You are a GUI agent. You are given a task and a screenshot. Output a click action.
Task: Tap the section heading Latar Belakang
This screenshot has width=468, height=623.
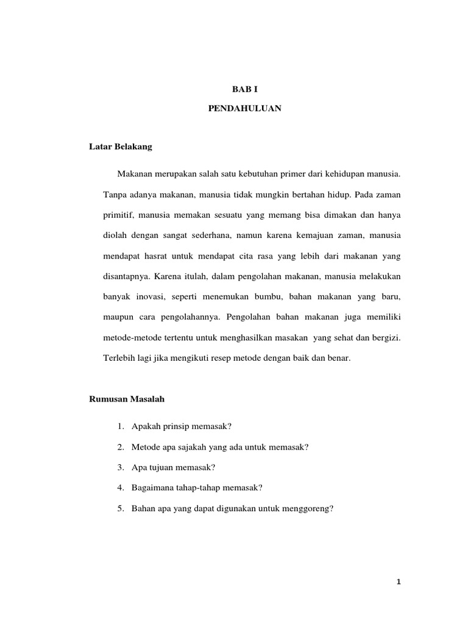(121, 147)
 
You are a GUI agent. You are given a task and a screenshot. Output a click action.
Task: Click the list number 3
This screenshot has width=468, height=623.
(121, 467)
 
